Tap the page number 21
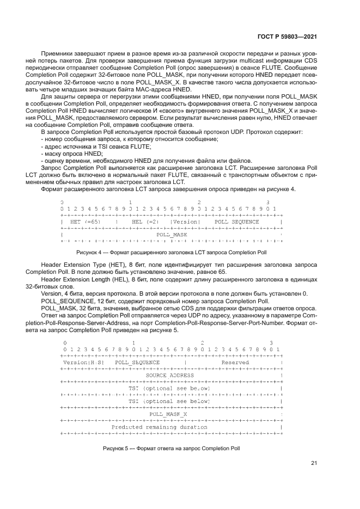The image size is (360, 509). [314, 463]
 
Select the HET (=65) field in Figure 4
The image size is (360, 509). [85, 222]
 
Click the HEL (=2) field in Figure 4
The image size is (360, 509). [144, 222]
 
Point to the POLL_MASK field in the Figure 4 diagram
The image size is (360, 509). [172, 235]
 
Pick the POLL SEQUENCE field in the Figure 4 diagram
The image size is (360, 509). [236, 222]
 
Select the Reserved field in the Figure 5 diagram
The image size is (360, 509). [235, 362]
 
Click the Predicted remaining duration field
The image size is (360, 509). [159, 427]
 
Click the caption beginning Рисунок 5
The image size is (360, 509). [170, 449]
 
